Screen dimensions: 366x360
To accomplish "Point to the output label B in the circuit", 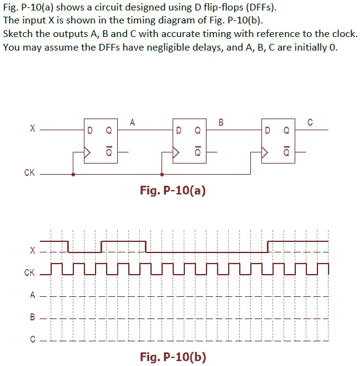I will (x=221, y=122).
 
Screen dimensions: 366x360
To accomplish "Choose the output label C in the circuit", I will (x=310, y=122).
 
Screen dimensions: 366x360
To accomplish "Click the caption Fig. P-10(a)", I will (x=173, y=191).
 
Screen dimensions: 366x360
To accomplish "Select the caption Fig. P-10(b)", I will (x=173, y=357).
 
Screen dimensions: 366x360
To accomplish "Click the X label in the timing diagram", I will (x=33, y=251).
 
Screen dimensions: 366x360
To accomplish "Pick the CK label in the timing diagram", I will (x=29, y=272).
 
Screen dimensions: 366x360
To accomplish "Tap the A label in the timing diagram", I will (x=33, y=295).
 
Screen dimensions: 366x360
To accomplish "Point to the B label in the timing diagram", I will (x=33, y=318).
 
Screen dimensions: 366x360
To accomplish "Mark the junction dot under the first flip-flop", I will (x=73, y=175).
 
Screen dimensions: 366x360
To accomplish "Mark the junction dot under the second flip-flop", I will (x=162, y=175).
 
